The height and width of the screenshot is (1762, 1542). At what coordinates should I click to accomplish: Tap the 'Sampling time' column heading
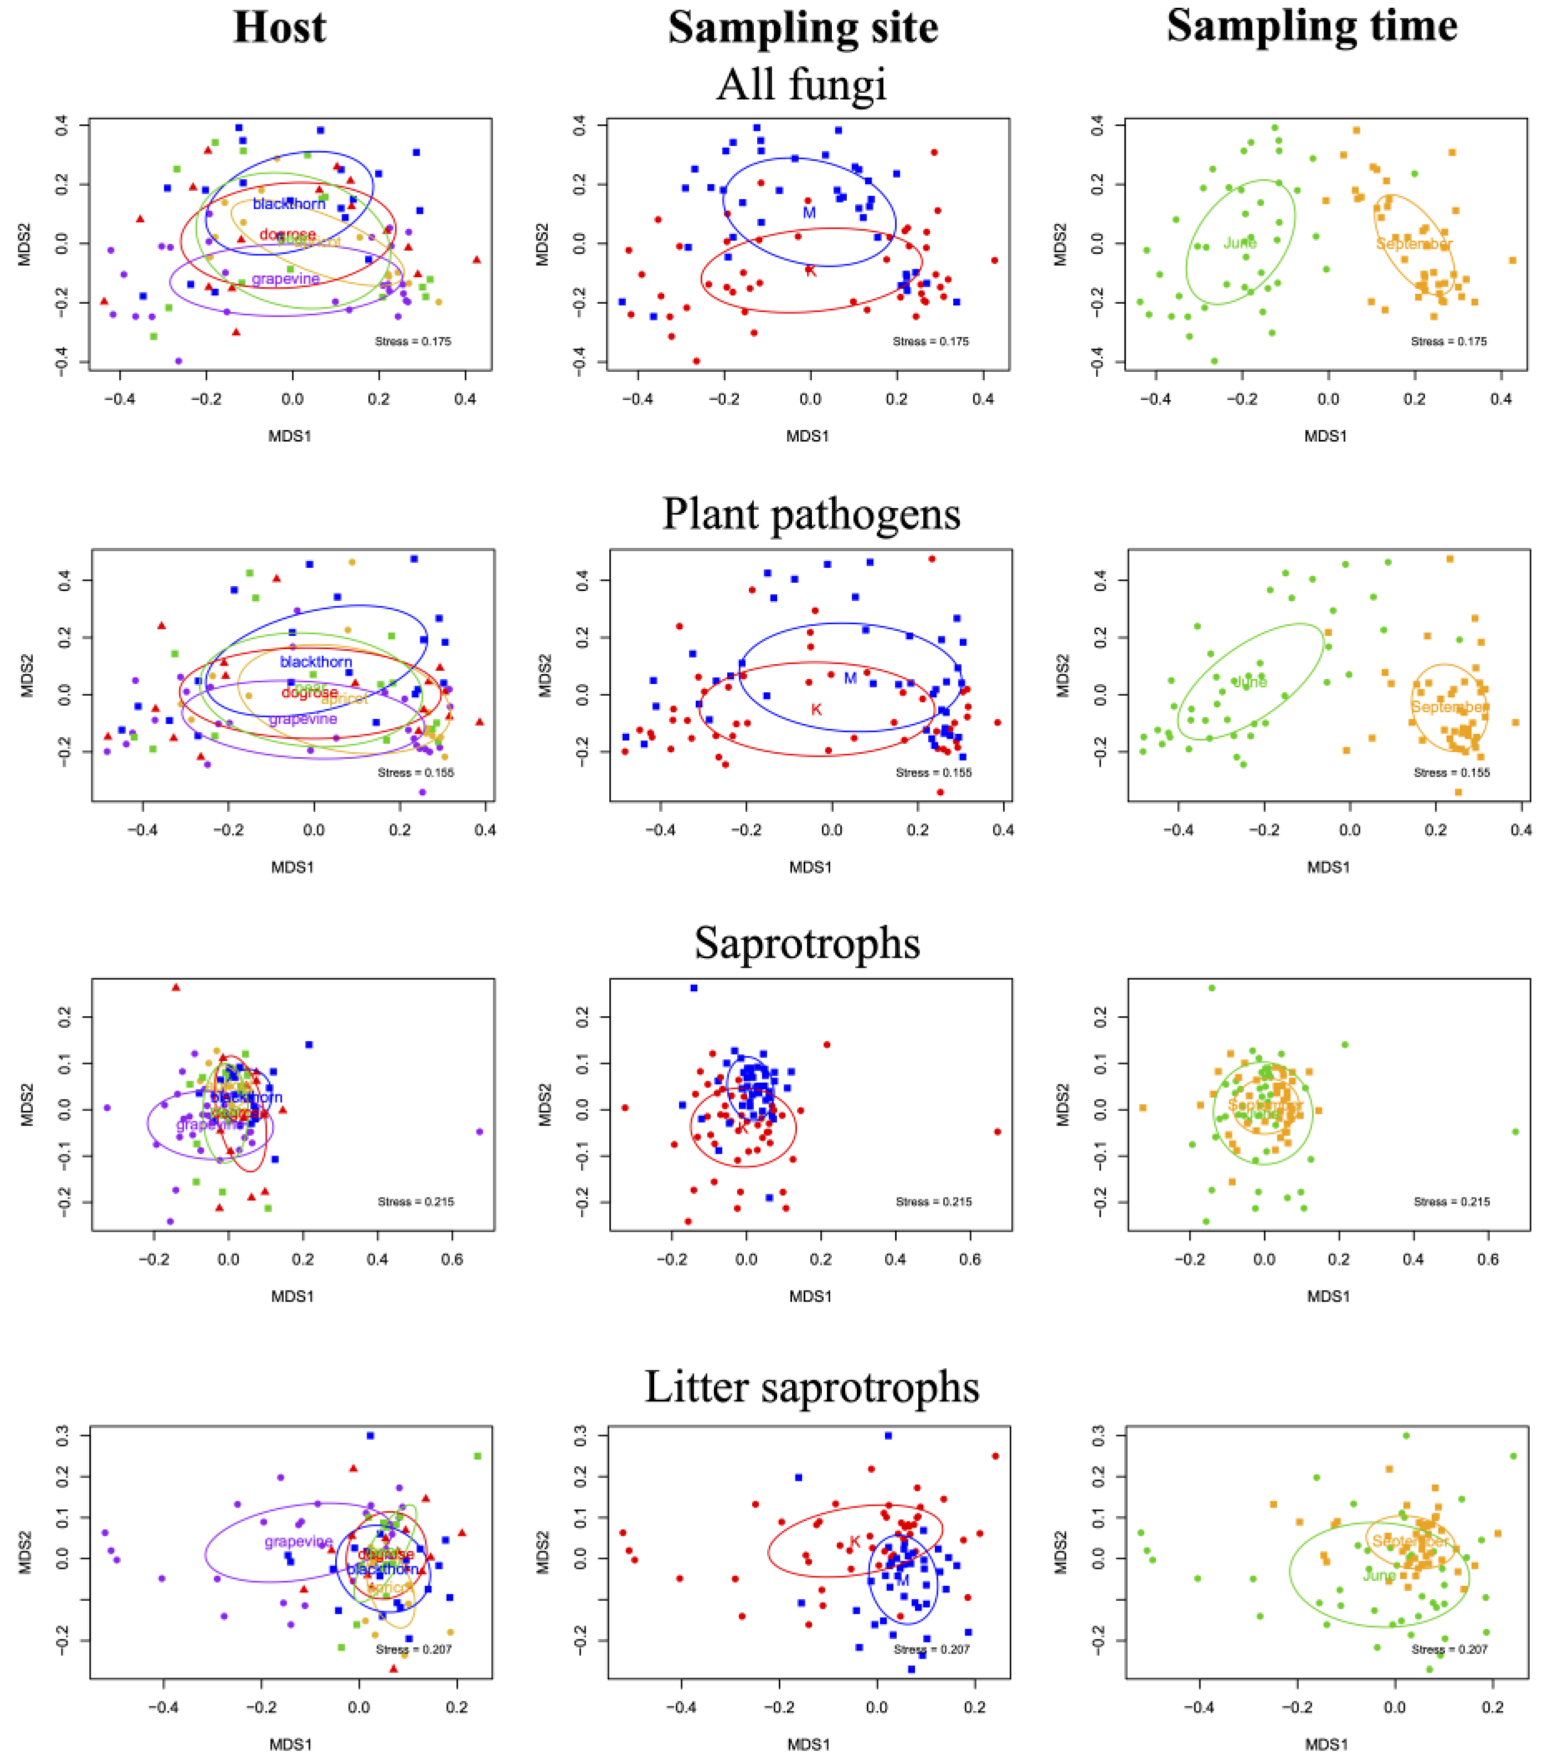point(1311,26)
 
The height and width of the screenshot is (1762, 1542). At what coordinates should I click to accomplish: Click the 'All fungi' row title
point(800,84)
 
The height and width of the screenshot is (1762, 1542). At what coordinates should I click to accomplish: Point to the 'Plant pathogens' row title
point(811,515)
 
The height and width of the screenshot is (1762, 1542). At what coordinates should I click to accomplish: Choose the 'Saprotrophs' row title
point(806,943)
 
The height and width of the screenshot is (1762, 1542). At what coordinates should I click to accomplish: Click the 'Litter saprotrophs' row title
point(811,1387)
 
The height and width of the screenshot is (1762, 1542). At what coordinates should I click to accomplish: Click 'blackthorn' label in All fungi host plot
point(289,204)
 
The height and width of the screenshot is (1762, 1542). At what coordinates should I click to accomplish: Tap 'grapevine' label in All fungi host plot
point(286,279)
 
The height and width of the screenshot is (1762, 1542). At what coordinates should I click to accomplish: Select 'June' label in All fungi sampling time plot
point(1240,243)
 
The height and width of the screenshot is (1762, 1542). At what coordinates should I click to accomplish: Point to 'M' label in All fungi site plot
point(809,213)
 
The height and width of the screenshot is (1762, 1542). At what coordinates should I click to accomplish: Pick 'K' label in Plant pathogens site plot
point(816,710)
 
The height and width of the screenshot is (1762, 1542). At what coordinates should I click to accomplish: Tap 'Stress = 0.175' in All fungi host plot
point(413,341)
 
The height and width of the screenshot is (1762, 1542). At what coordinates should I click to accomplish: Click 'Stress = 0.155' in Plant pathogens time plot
point(1452,773)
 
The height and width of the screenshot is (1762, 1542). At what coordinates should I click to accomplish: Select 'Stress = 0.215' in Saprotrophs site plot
point(934,1202)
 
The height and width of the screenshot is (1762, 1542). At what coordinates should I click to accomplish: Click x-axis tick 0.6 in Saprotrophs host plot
point(452,1260)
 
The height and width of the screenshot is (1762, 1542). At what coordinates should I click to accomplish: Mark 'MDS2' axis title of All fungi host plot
point(24,245)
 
